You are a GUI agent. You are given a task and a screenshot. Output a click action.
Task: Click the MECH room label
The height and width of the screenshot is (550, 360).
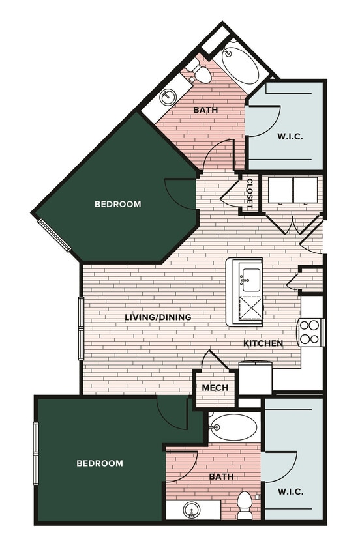215,388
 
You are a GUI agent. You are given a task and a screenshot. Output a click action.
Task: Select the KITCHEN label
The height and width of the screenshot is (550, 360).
263,343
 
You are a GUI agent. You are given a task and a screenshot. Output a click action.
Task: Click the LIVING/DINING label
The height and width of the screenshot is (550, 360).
158,317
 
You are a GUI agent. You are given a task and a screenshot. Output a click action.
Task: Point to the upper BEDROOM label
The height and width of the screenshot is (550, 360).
118,204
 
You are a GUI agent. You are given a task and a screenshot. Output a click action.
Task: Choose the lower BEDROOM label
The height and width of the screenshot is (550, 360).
100,463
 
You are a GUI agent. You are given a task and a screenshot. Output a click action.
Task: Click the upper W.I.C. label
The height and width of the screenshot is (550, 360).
289,136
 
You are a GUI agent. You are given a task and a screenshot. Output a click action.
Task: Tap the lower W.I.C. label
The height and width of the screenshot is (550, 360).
291,491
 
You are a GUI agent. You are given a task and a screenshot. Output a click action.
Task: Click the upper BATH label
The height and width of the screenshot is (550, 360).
205,110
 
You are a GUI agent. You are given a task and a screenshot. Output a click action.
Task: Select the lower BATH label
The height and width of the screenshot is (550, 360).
221,477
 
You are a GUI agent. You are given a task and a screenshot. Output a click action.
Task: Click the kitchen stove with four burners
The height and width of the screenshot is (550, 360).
310,332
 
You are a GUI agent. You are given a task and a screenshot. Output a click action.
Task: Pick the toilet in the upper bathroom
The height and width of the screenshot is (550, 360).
202,74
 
